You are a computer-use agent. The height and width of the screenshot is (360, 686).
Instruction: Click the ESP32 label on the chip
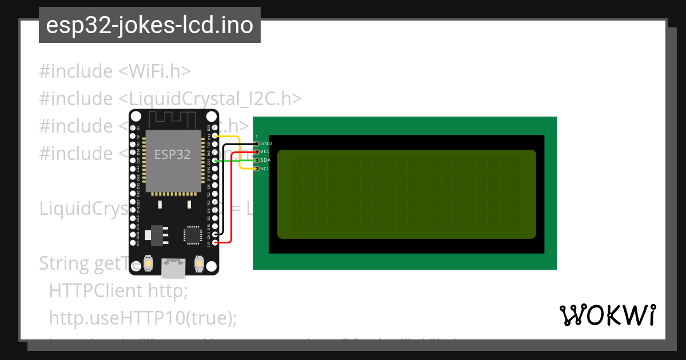[173, 155]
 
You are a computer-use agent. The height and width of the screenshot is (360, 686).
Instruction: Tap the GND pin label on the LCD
[266, 143]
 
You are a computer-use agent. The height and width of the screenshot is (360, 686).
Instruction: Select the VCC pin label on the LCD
[265, 151]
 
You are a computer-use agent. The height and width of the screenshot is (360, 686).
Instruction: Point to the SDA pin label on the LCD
[265, 160]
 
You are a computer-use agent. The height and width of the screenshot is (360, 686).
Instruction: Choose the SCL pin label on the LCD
[265, 169]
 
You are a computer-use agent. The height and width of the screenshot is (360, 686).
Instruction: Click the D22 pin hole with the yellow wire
[215, 137]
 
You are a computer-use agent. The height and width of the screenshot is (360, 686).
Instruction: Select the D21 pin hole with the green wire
[215, 161]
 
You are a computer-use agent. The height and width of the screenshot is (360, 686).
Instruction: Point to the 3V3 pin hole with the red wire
[215, 243]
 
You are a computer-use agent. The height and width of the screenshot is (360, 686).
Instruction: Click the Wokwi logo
[608, 315]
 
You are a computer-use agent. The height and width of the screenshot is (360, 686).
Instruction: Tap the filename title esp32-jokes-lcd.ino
[149, 25]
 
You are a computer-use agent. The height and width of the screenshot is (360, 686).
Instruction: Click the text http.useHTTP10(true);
[142, 318]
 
